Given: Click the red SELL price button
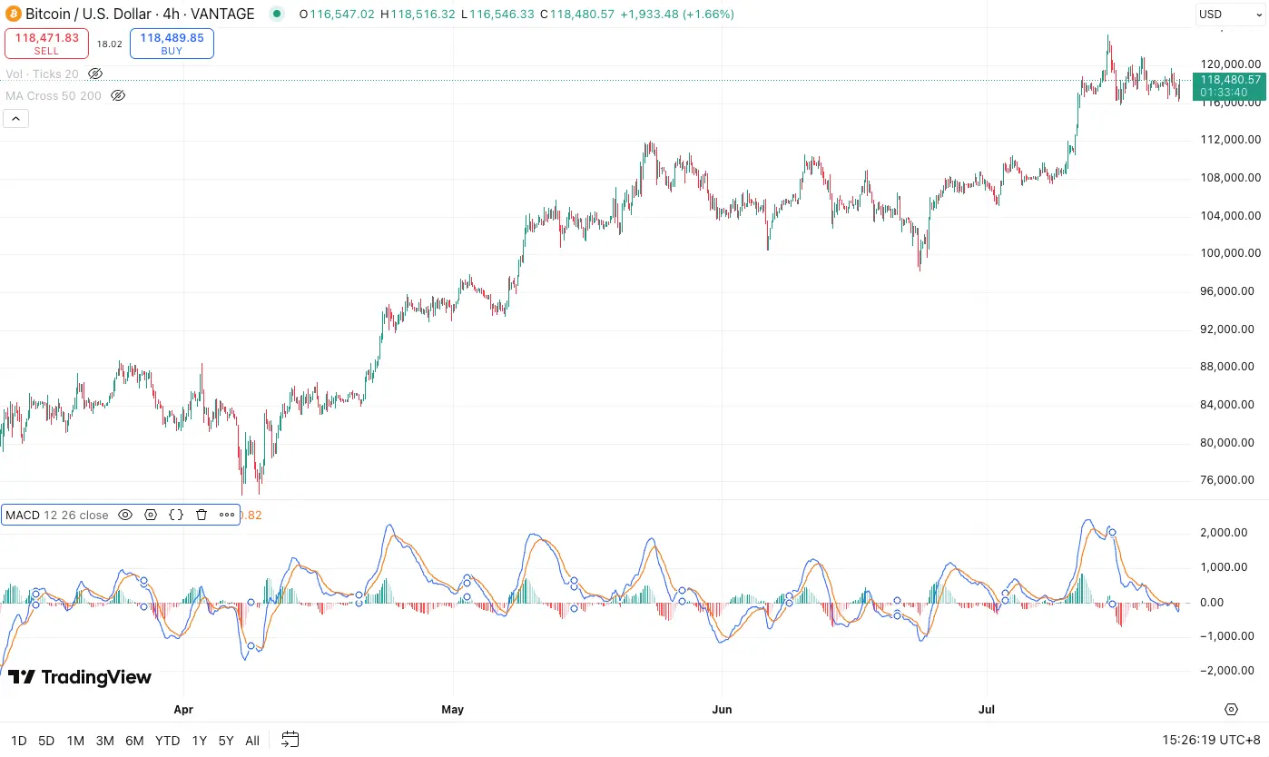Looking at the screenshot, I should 46,43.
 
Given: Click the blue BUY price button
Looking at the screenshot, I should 172,43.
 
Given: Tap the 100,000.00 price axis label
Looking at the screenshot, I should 1230,253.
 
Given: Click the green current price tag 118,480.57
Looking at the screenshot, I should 1230,80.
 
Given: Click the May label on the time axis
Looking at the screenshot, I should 452,709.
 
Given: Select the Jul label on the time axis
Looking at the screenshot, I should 987,709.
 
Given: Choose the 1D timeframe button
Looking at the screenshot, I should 18,741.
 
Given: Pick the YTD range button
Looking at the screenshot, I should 167,741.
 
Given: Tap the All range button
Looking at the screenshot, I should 252,741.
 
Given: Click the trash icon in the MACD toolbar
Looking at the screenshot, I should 202,515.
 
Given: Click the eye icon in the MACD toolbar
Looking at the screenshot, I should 125,515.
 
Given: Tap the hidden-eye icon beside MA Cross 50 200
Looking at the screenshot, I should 117,95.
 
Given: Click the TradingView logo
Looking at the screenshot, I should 80,677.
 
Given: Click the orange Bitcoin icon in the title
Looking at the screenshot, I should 13,14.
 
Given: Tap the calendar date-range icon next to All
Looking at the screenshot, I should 290,740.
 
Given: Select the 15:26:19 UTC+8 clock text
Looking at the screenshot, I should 1211,741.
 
